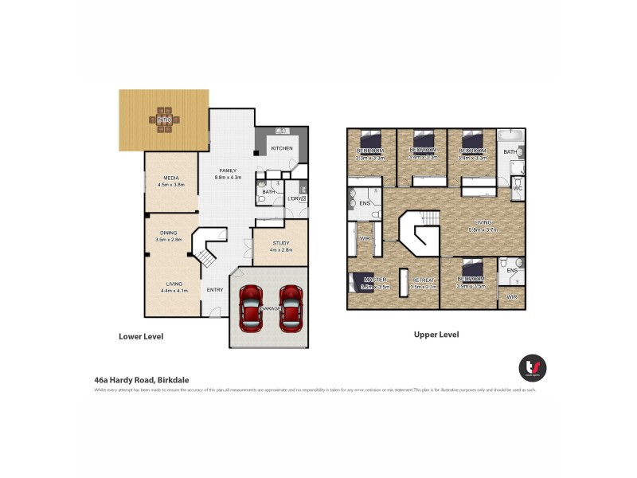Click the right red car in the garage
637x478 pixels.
pos(291,308)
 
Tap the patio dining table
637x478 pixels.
pos(164,119)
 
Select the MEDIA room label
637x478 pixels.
pos(170,178)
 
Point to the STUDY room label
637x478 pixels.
pos(280,242)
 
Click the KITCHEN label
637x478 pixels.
pos(282,148)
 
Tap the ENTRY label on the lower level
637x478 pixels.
pos(215,289)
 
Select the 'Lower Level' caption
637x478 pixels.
pos(141,336)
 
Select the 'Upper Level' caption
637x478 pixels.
pos(436,335)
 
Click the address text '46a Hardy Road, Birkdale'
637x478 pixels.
pos(141,381)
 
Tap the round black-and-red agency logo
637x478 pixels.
pos(532,367)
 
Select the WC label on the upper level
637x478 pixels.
pos(518,189)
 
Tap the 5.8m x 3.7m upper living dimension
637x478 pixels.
pos(481,229)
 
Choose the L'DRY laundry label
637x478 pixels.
pos(295,198)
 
